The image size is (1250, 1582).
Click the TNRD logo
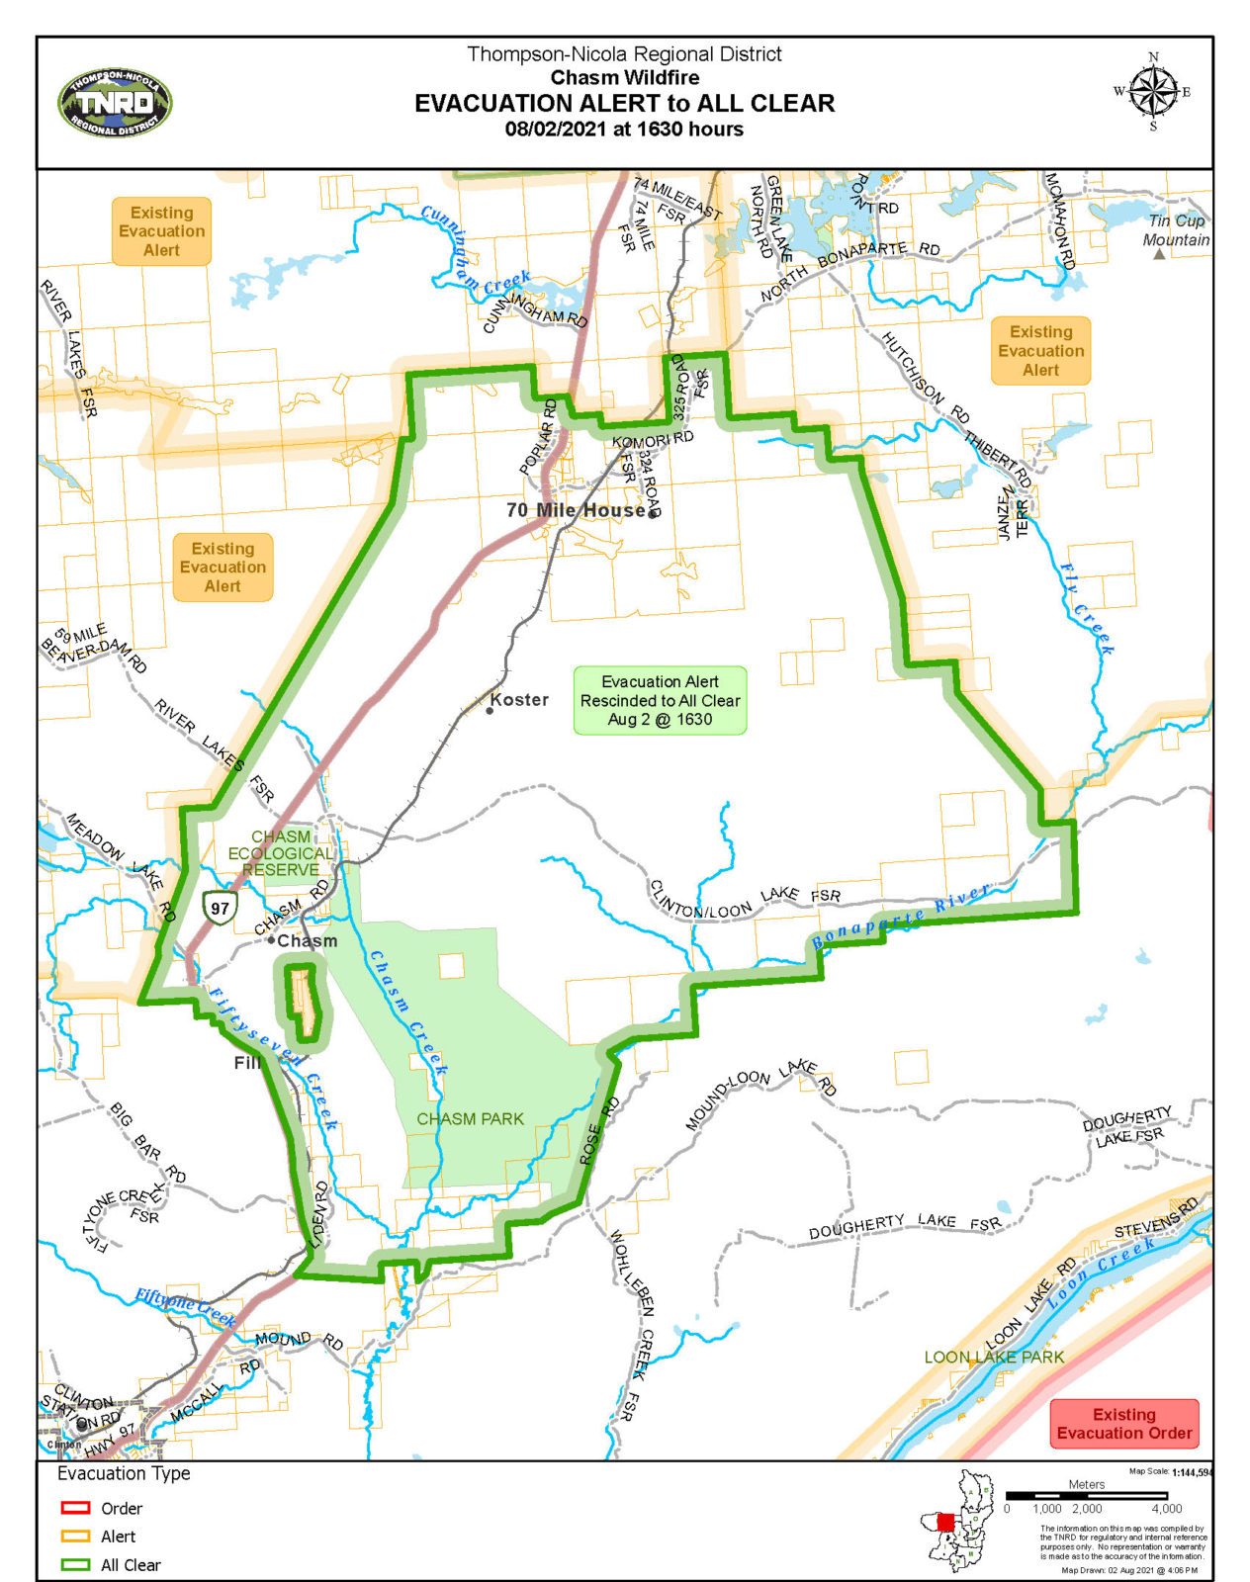tap(115, 104)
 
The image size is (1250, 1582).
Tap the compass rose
tap(1153, 93)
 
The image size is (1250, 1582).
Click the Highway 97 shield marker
tap(220, 908)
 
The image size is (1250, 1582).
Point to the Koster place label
tap(518, 700)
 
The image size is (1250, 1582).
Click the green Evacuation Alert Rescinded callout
tap(660, 700)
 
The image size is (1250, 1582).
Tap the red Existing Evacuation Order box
tap(1123, 1424)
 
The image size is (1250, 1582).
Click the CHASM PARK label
tap(470, 1119)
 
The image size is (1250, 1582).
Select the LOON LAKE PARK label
tap(994, 1358)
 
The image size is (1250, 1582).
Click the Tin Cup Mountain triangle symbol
tap(1159, 254)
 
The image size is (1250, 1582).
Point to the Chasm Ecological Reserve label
tap(281, 853)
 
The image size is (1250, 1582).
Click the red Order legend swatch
tap(76, 1508)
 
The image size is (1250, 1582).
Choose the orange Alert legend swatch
tap(76, 1537)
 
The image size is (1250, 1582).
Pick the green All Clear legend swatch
tap(76, 1565)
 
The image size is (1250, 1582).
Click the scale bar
tap(1086, 1496)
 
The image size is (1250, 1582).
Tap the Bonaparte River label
tap(901, 917)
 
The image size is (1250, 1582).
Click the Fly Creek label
tap(1088, 609)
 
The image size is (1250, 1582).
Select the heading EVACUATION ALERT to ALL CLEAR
tap(624, 104)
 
